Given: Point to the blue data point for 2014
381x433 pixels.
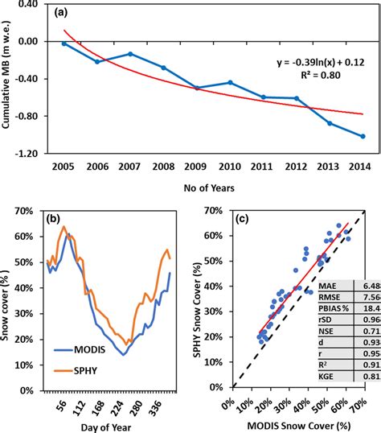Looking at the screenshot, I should tap(363, 136).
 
